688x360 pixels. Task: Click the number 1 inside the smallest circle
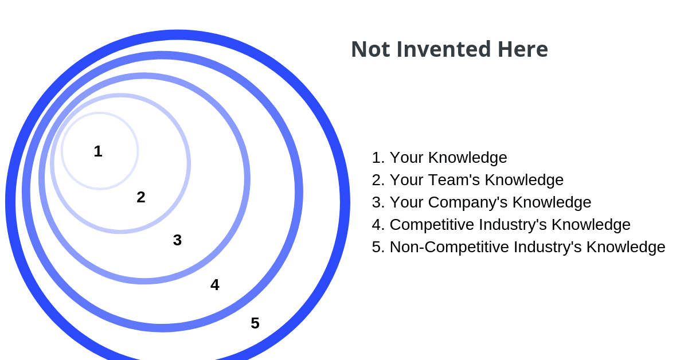pyautogui.click(x=98, y=151)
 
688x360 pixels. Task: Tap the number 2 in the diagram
pyautogui.click(x=141, y=197)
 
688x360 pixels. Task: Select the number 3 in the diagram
pyautogui.click(x=177, y=240)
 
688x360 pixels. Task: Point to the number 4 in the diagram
pyautogui.click(x=214, y=285)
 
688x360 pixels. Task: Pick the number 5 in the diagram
pyautogui.click(x=255, y=323)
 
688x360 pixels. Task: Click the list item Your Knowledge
pyautogui.click(x=448, y=158)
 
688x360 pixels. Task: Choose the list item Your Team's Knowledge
pyautogui.click(x=476, y=180)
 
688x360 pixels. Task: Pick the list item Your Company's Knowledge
pyautogui.click(x=490, y=202)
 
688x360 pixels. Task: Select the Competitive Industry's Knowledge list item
pyautogui.click(x=510, y=225)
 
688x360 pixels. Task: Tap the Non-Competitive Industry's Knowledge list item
pyautogui.click(x=527, y=247)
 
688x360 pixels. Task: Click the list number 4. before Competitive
pyautogui.click(x=378, y=225)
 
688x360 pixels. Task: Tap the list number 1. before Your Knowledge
pyautogui.click(x=378, y=158)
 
